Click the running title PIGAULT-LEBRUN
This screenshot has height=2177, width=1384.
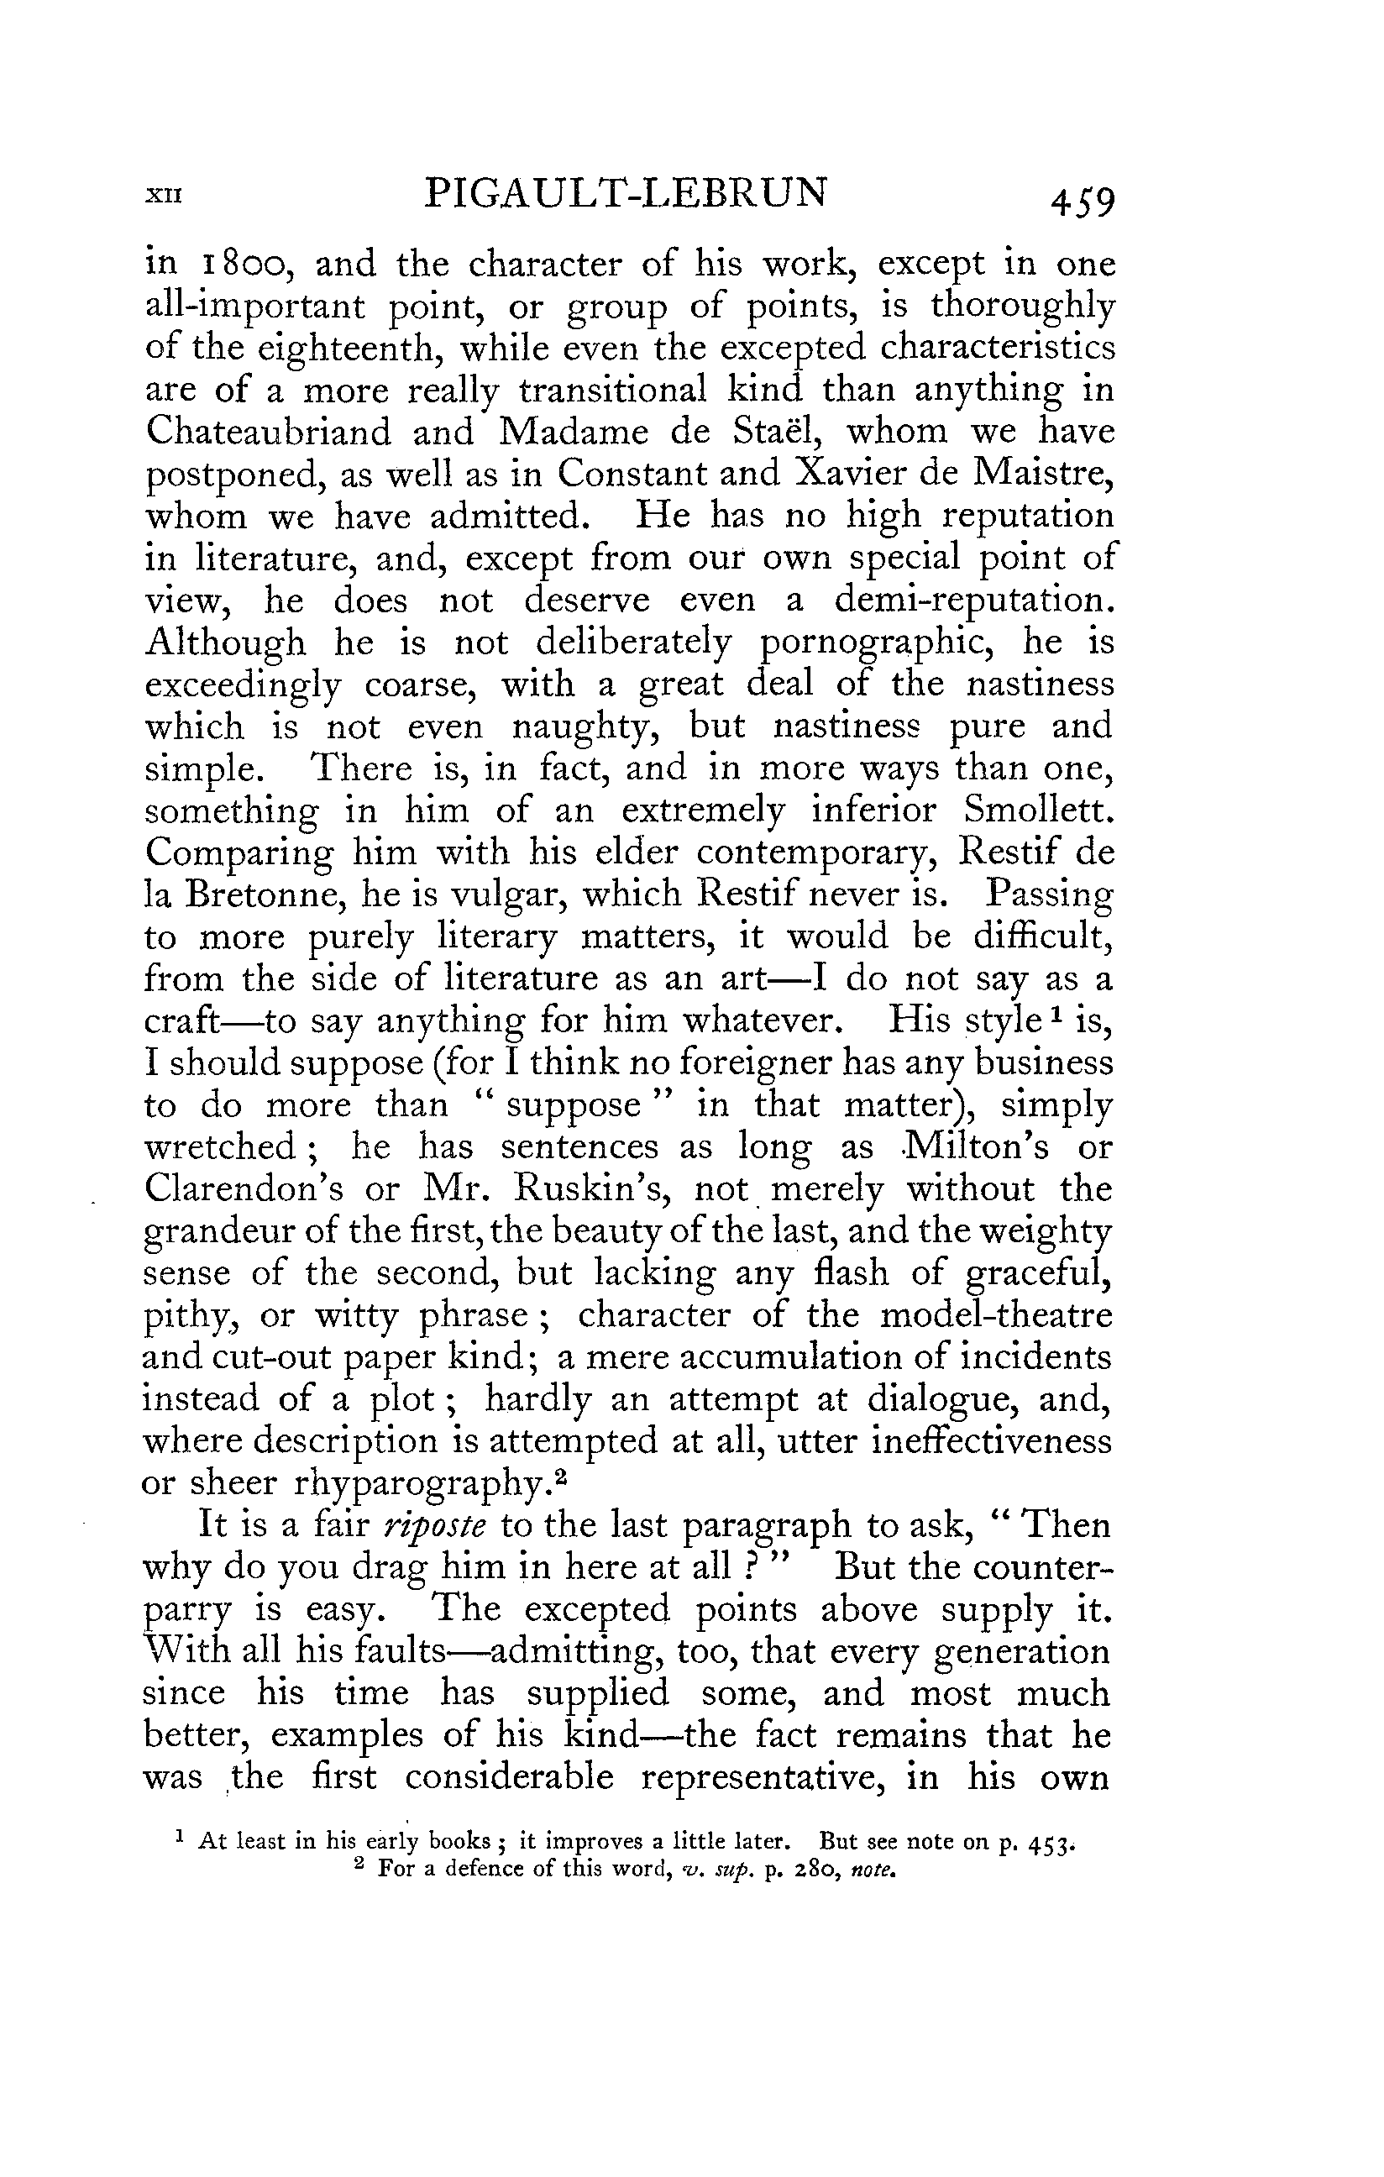tap(626, 193)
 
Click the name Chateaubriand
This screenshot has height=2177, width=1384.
tap(269, 433)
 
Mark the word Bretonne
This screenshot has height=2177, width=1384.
tap(265, 894)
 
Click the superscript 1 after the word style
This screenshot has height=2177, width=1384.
tap(1055, 1014)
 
